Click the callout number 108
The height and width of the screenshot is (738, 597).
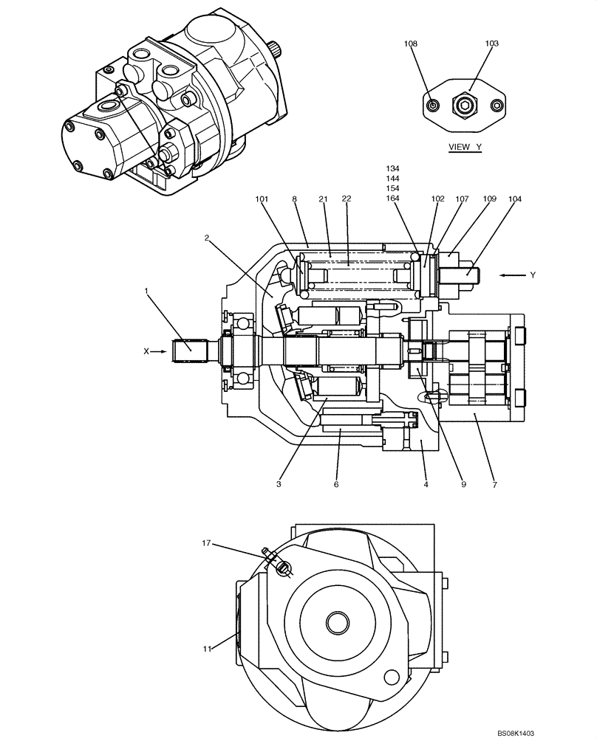coord(410,44)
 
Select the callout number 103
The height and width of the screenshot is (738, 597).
coord(491,44)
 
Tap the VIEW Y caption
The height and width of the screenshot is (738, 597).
coord(465,148)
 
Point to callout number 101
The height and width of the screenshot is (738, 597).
coord(263,199)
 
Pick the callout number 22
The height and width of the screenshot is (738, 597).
coord(347,199)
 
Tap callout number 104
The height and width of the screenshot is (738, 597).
coord(514,199)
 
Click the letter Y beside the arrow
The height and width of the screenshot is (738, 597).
coord(532,275)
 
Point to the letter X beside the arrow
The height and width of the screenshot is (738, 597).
coord(146,352)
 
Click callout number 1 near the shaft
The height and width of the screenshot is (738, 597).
coord(147,292)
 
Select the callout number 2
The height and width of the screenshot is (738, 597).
coord(208,238)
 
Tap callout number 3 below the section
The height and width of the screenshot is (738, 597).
coord(279,484)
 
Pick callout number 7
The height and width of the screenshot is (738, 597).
coord(494,484)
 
